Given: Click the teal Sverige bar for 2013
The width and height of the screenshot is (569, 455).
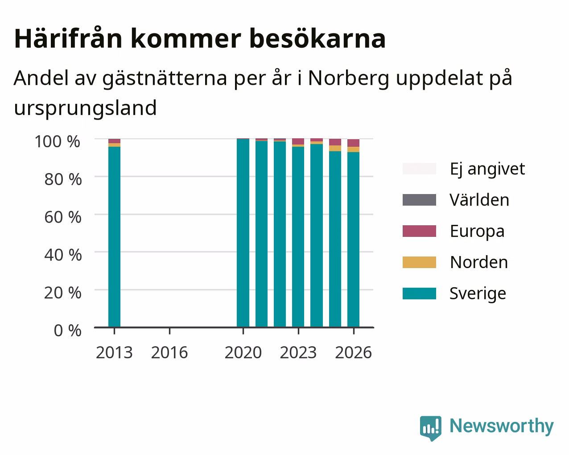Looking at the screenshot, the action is tap(114, 237).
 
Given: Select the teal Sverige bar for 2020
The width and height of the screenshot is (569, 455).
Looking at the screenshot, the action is tap(243, 233).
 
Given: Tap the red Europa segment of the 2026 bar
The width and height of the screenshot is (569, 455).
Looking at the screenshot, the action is tap(353, 143).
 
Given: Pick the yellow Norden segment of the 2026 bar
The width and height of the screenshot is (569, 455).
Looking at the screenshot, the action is tap(353, 149).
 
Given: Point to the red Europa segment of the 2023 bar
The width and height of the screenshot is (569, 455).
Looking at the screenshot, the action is tap(298, 141).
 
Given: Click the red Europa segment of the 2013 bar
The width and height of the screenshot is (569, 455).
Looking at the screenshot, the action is tap(114, 141).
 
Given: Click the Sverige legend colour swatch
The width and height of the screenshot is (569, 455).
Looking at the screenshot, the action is tap(419, 294).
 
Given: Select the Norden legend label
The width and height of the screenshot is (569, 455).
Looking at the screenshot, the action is tap(479, 262).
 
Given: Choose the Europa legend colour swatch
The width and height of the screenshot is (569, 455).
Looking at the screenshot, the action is tap(419, 231).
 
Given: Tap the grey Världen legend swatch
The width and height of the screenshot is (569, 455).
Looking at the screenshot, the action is tap(419, 200).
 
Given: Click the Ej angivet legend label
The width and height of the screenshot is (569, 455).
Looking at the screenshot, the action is tap(487, 170).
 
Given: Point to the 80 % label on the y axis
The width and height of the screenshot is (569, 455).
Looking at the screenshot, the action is tap(63, 179).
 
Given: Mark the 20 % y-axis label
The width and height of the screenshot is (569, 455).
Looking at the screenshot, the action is tap(63, 293).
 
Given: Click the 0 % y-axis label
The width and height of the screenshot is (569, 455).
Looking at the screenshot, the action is tap(67, 331).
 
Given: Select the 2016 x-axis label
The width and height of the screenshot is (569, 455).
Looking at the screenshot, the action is tap(169, 352).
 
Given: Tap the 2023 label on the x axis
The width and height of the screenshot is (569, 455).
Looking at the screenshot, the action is tap(298, 352).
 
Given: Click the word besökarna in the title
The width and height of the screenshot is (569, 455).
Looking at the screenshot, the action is tap(317, 39).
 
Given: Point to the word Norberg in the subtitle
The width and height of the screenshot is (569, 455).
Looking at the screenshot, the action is tap(348, 79).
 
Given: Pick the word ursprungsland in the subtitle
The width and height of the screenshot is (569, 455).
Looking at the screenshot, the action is tap(85, 108).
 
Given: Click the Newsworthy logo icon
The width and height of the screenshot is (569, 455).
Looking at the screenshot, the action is tap(430, 427).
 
